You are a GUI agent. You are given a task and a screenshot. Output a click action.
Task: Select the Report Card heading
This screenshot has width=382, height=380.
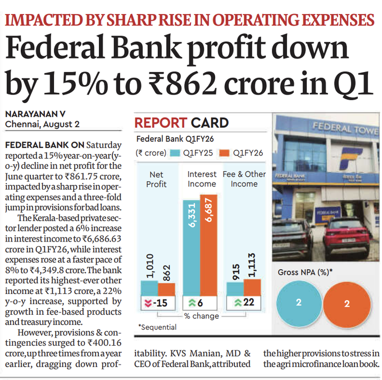181,123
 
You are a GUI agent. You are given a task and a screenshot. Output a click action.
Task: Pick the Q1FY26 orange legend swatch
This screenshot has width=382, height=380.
225,153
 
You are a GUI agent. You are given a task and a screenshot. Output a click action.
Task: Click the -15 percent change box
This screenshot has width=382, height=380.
158,303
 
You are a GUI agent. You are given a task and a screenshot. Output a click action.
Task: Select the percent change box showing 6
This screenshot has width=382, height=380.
200,303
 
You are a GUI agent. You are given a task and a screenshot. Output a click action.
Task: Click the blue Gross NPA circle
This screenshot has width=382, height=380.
299,303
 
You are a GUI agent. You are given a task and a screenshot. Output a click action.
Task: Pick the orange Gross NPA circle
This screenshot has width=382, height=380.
347,303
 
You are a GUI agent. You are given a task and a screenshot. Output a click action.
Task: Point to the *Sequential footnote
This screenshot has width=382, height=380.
157,327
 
